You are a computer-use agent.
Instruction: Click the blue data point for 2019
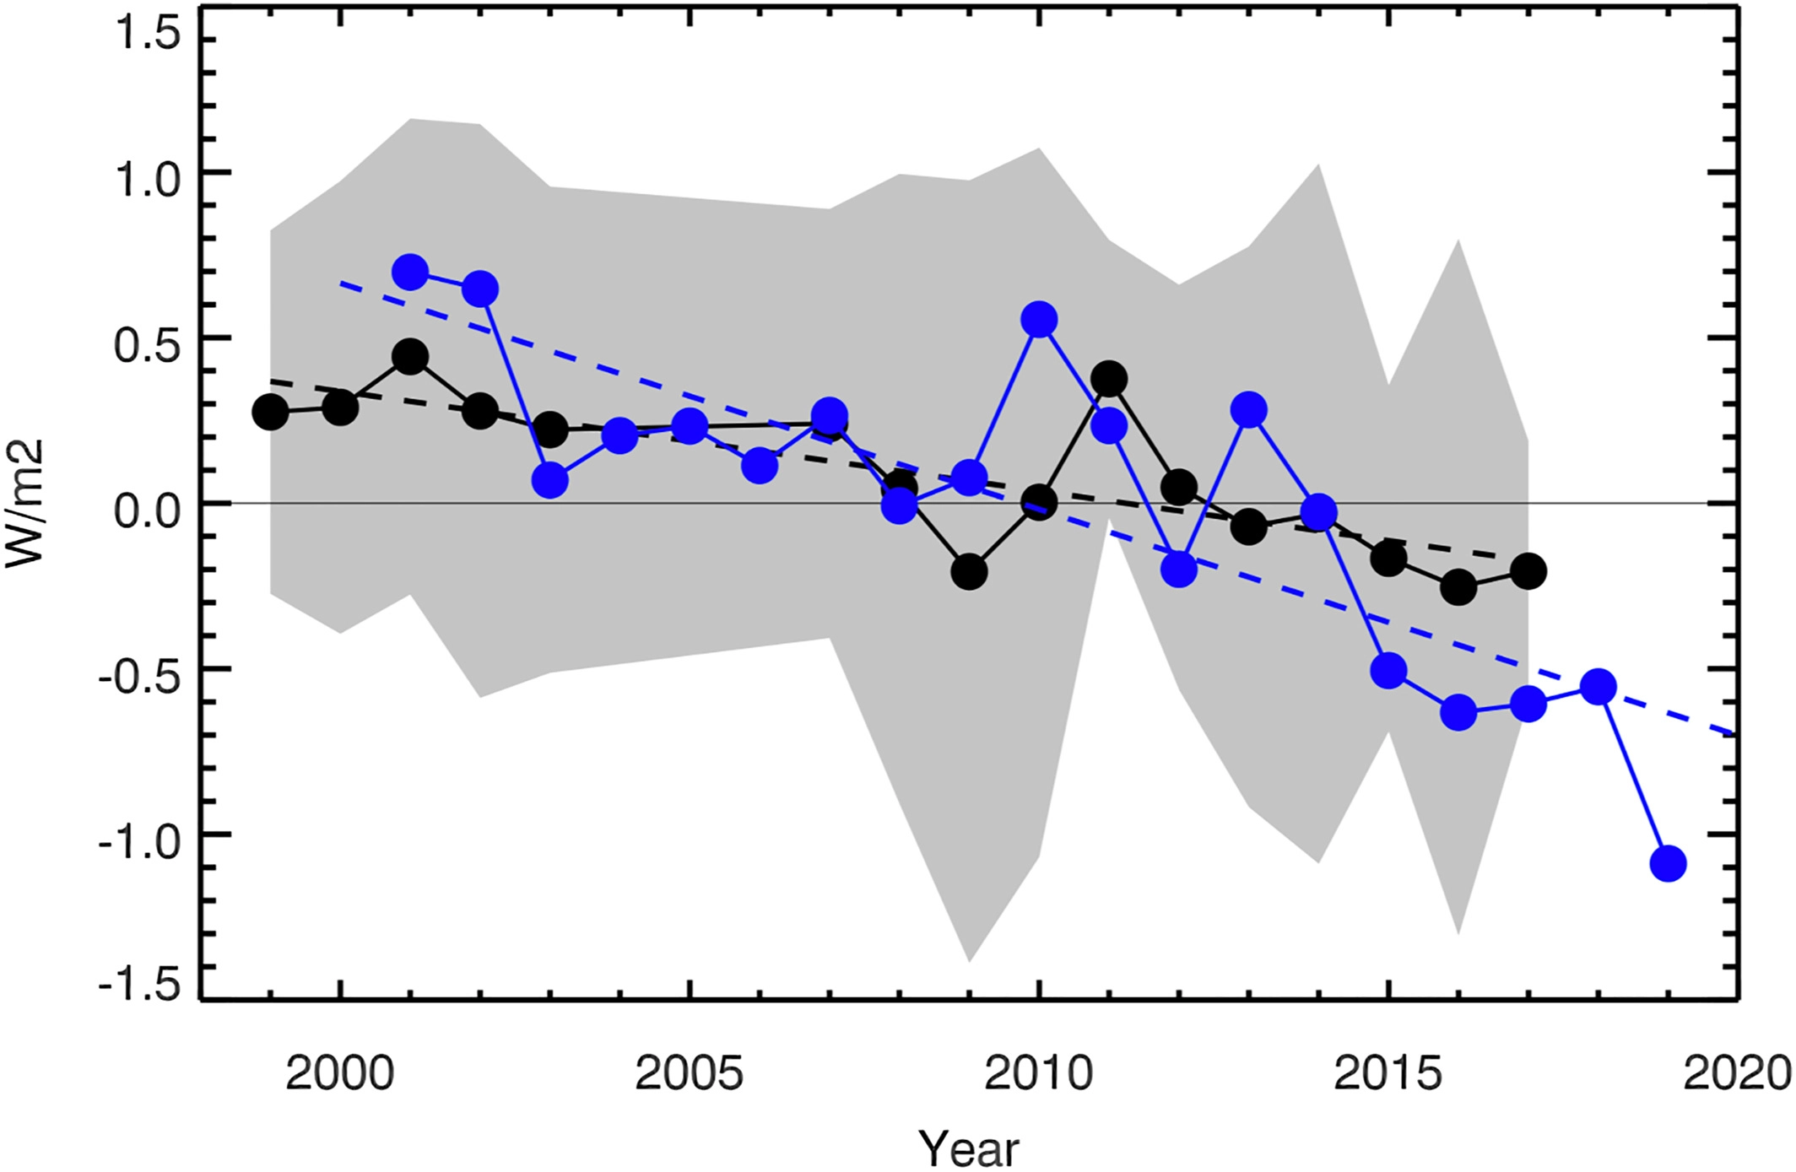point(1668,863)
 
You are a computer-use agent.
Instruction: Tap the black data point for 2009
point(969,571)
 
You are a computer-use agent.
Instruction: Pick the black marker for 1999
point(270,412)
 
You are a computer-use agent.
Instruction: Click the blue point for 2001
point(410,272)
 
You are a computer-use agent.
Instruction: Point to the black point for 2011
point(1109,379)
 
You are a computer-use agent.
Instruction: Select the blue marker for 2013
point(1248,410)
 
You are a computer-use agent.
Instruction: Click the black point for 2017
point(1528,571)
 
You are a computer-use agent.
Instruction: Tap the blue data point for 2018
point(1598,687)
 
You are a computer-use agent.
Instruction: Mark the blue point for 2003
point(549,480)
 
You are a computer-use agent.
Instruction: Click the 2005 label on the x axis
point(689,1074)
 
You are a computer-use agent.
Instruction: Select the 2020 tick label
point(1737,1074)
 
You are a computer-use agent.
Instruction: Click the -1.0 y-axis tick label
point(139,843)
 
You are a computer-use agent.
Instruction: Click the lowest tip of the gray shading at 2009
point(969,960)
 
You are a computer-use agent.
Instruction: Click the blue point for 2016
point(1458,712)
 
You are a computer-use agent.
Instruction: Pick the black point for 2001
point(410,357)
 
